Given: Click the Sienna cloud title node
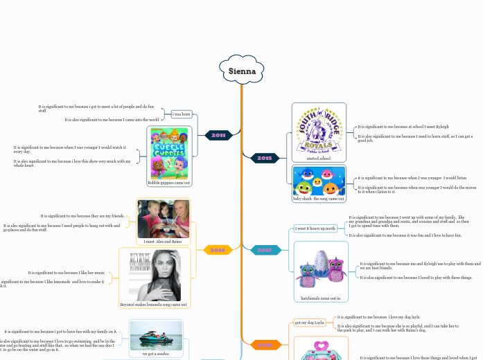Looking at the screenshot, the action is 242,71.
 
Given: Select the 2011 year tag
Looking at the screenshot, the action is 218,135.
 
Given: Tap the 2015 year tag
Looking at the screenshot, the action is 264,158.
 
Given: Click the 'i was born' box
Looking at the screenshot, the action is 181,114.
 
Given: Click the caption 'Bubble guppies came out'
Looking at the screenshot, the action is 169,183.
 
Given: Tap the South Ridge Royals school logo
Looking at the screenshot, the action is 319,129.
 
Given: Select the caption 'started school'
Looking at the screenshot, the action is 318,159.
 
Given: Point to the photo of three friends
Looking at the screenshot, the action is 163,219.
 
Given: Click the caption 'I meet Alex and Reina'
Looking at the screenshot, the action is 163,242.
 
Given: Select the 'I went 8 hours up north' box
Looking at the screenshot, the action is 315,228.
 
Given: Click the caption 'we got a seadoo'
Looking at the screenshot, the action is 157,353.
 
